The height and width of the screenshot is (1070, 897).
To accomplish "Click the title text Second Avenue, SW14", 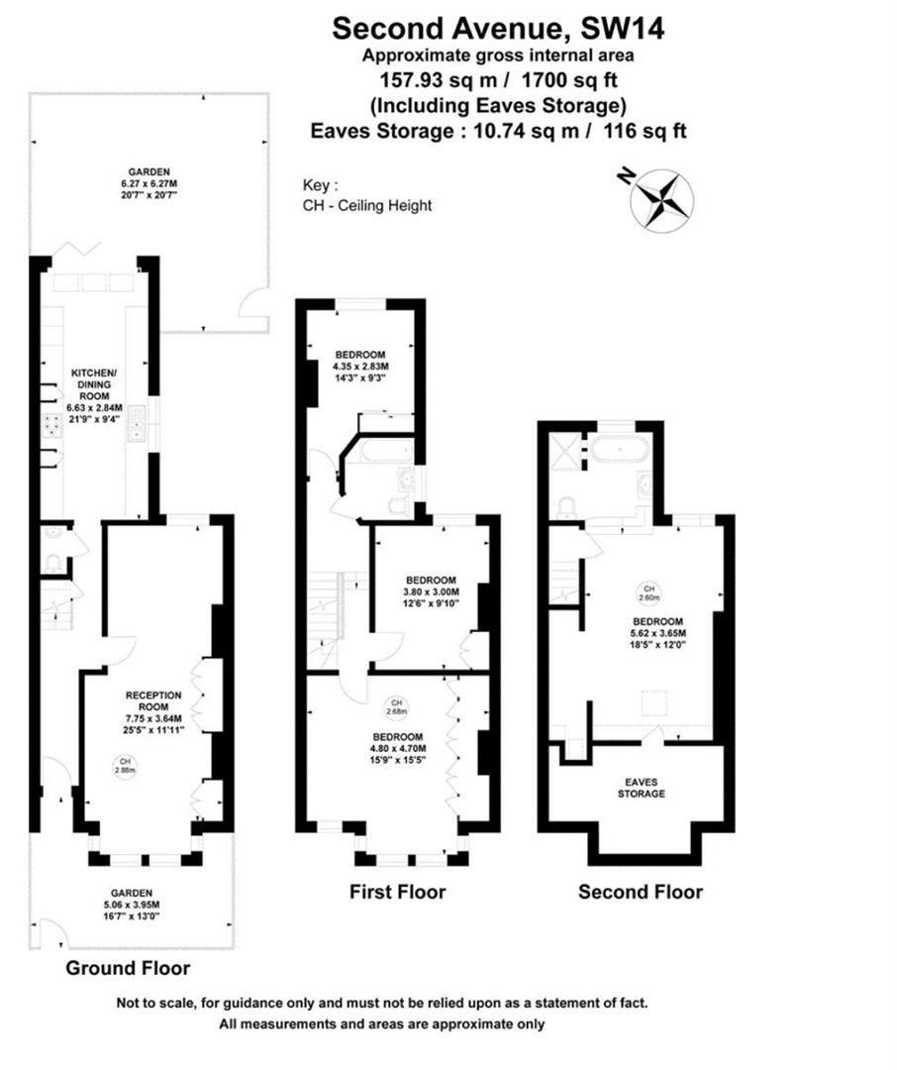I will [x=497, y=27].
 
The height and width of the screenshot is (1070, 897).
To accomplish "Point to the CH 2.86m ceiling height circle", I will [x=125, y=765].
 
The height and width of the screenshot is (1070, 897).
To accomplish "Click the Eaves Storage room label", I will [x=641, y=788].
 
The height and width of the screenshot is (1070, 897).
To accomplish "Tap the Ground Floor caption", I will [x=128, y=968].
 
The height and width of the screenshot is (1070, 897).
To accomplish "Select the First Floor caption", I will [x=397, y=892].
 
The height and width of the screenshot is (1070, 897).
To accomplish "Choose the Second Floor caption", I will [x=640, y=892].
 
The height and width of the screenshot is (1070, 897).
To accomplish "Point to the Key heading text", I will [x=320, y=185].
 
